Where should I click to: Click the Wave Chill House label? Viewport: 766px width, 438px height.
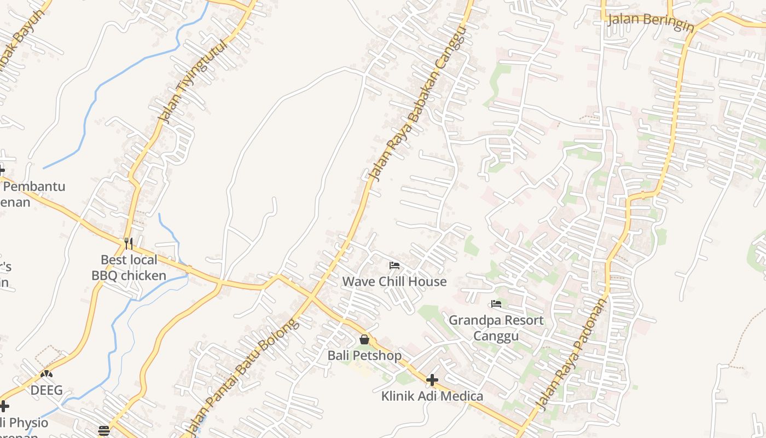[394, 281]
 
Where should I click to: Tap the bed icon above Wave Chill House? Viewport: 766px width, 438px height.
[394, 266]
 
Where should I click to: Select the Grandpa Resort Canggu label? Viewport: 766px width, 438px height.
[496, 327]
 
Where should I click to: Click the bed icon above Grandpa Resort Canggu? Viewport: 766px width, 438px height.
[496, 303]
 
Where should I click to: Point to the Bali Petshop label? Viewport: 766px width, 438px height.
[364, 355]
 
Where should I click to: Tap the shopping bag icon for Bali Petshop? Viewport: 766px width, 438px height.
[364, 339]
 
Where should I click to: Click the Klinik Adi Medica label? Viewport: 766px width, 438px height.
[432, 396]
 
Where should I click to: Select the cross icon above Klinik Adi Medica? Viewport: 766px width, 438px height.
[432, 379]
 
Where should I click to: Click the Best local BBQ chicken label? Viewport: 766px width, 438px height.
[129, 267]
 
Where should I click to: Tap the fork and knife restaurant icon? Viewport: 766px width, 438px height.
[129, 243]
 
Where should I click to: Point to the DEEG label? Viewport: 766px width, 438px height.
[47, 390]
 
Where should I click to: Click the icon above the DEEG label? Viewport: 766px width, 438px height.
[47, 374]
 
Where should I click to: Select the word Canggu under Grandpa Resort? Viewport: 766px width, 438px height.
[496, 336]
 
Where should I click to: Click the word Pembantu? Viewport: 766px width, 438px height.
[34, 186]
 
